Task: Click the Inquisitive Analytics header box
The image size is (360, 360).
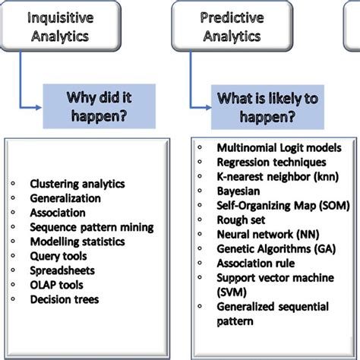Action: [x=60, y=25]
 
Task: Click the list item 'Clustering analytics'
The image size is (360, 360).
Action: [x=78, y=183]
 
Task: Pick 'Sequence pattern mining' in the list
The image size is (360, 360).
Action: [x=91, y=226]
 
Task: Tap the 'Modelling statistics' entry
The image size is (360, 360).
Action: [x=78, y=242]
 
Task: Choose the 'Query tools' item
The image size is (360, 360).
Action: [x=58, y=256]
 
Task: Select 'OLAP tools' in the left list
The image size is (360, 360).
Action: [x=56, y=285]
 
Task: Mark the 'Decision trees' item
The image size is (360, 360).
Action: [x=65, y=299]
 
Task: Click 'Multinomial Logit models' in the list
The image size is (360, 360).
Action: [x=279, y=147]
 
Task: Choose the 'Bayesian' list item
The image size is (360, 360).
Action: [x=240, y=191]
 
